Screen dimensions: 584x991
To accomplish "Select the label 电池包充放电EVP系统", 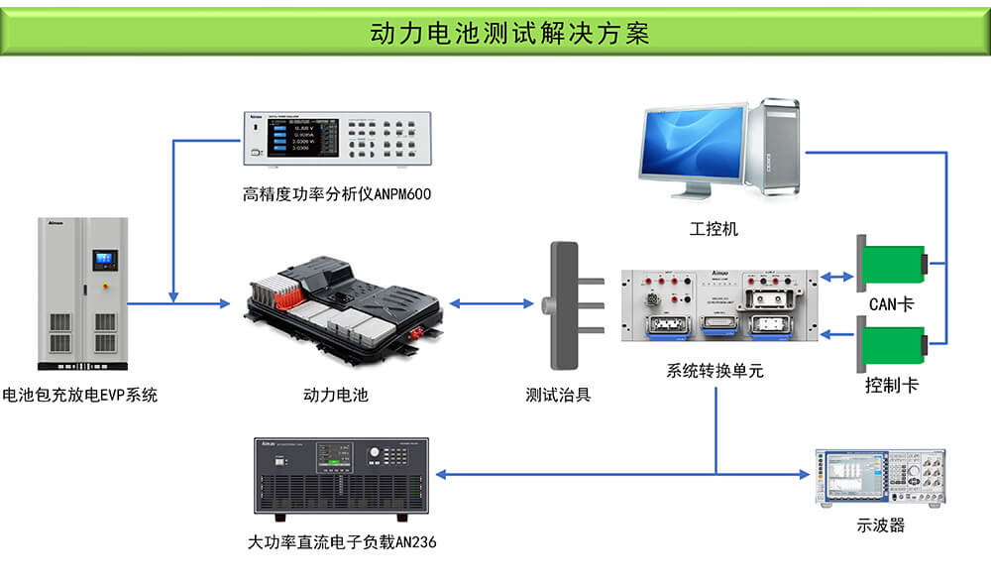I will (80, 395).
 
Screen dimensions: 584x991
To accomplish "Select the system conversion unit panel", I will (719, 304).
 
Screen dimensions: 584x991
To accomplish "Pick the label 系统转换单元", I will (715, 372).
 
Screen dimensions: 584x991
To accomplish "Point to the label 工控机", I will (715, 229).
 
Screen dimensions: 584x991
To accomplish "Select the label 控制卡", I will (891, 386).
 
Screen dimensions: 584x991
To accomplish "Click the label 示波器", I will (880, 526).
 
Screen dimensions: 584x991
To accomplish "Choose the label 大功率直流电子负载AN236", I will (342, 542).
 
